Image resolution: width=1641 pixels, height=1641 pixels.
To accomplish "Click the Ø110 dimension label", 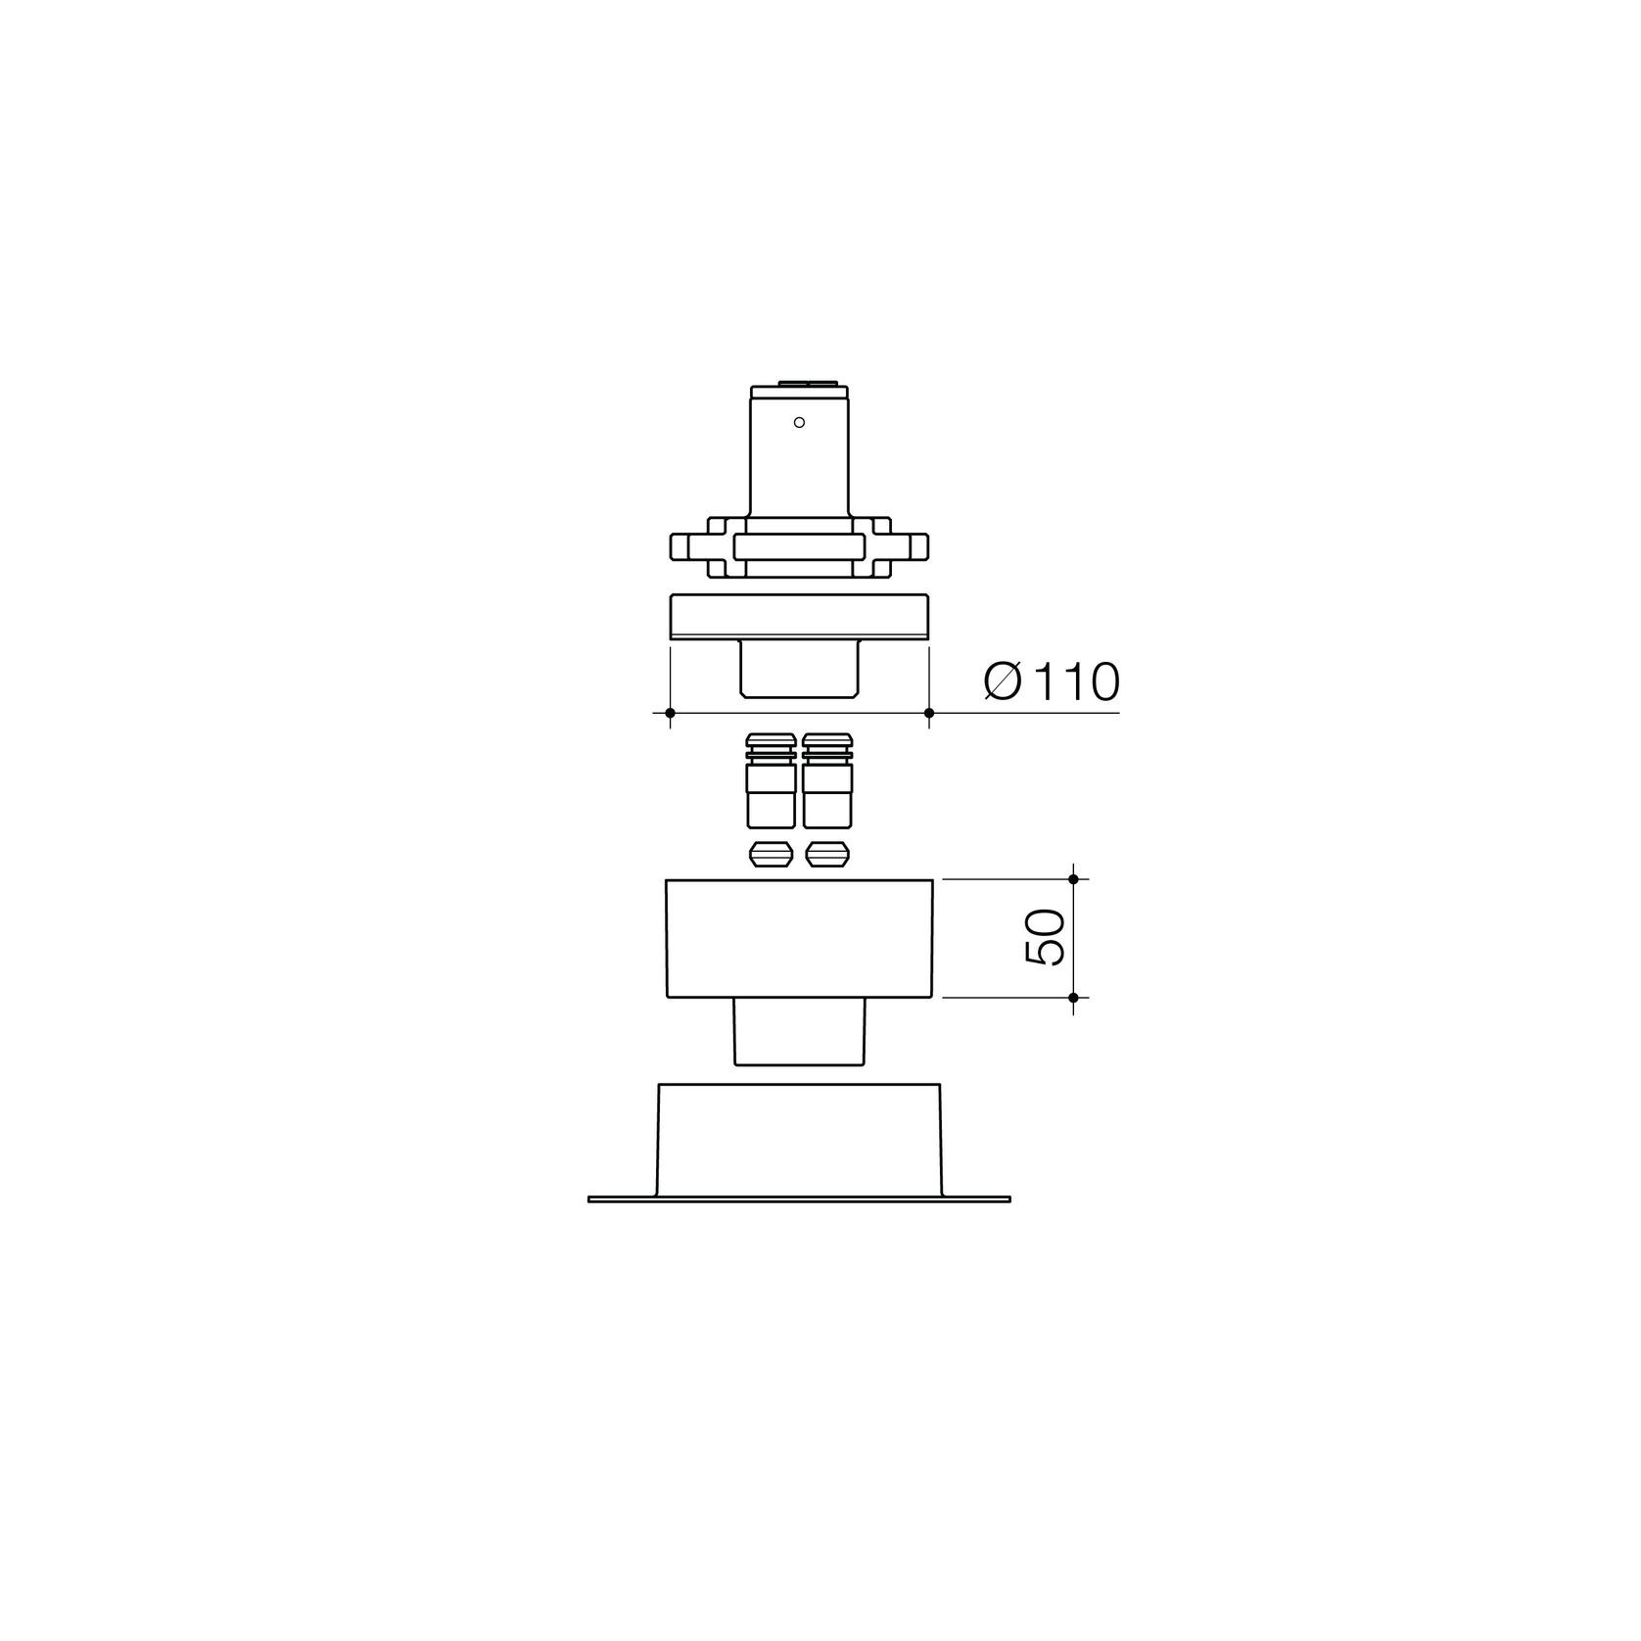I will [x=1051, y=681].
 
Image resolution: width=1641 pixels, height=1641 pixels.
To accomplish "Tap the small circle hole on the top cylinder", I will [x=799, y=422].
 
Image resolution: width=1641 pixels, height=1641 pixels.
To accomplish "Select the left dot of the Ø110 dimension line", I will [x=670, y=713].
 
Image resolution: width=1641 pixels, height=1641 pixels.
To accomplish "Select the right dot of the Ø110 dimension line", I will [x=928, y=713].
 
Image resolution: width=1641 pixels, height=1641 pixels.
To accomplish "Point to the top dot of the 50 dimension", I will [x=1073, y=879].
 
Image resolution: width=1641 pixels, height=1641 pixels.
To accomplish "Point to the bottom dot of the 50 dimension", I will [x=1073, y=998].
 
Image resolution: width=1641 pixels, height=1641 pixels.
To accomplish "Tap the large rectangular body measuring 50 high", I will [x=799, y=938].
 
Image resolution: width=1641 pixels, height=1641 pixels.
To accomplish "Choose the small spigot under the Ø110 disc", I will [x=799, y=668].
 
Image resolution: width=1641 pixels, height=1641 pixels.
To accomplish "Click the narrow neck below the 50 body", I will [x=799, y=1031].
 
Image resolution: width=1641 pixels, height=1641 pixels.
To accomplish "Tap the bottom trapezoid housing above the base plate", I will [x=799, y=1139].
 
